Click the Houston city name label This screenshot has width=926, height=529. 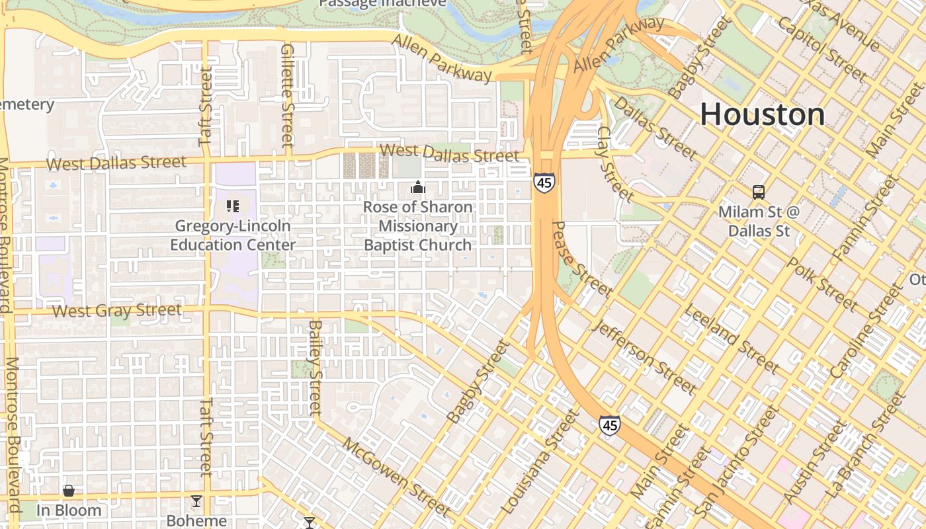point(762,114)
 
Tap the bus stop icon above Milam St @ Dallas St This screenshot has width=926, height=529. point(759,192)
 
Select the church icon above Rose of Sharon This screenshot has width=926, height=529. point(417,188)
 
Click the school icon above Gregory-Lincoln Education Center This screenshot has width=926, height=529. point(232,206)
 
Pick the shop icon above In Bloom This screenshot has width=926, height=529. point(68,491)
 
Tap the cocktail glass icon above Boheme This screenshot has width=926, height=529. point(196,501)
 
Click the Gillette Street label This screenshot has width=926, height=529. point(287,96)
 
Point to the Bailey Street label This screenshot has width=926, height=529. point(315,369)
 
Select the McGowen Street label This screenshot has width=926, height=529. point(397,476)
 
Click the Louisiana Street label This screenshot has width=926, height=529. point(540,463)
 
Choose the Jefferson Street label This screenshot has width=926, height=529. point(645,357)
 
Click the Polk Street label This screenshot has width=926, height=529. point(822,285)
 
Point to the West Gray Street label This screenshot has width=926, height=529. point(116,310)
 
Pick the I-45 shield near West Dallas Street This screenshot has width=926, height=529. point(544,183)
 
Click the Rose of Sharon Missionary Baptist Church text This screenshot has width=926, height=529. point(418,226)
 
